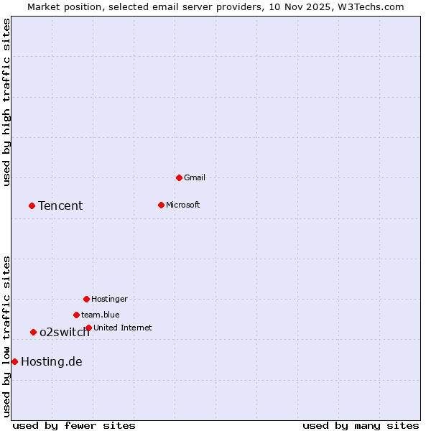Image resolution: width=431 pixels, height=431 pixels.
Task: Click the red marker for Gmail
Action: click(x=179, y=177)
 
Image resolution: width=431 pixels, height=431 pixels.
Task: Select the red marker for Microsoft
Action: click(x=161, y=205)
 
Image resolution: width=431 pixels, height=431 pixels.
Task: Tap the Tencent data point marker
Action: click(x=32, y=205)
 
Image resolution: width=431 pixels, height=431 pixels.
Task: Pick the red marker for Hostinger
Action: click(x=86, y=299)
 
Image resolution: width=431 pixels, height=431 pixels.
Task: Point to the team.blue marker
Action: click(x=76, y=315)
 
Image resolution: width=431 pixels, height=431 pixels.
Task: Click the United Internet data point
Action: click(x=88, y=328)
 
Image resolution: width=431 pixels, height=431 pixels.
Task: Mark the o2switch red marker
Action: click(x=33, y=332)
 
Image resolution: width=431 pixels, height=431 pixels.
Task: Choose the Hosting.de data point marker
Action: click(x=14, y=361)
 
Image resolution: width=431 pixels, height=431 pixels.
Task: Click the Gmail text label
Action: click(x=195, y=177)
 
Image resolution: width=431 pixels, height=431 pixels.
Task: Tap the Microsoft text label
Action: click(x=183, y=205)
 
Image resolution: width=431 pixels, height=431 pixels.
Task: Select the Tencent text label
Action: click(x=60, y=206)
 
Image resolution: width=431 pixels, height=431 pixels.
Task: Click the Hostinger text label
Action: click(x=110, y=299)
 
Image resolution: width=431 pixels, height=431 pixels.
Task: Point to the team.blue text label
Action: click(x=101, y=315)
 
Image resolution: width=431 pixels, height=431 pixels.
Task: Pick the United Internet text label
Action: click(x=123, y=328)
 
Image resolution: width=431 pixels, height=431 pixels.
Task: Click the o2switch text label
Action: click(x=65, y=333)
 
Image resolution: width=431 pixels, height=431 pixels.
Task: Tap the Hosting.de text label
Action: click(x=52, y=362)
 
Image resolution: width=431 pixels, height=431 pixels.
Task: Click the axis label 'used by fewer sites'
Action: click(x=74, y=425)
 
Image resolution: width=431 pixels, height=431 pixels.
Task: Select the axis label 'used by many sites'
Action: click(x=361, y=425)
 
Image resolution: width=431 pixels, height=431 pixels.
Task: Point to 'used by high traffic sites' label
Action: click(x=6, y=102)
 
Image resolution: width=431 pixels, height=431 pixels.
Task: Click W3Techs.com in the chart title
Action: click(x=371, y=6)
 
